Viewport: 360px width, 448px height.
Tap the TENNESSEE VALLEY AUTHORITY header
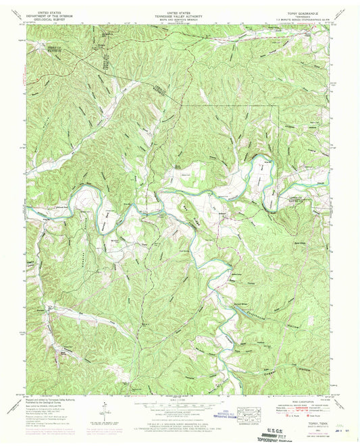(x=180, y=16)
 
